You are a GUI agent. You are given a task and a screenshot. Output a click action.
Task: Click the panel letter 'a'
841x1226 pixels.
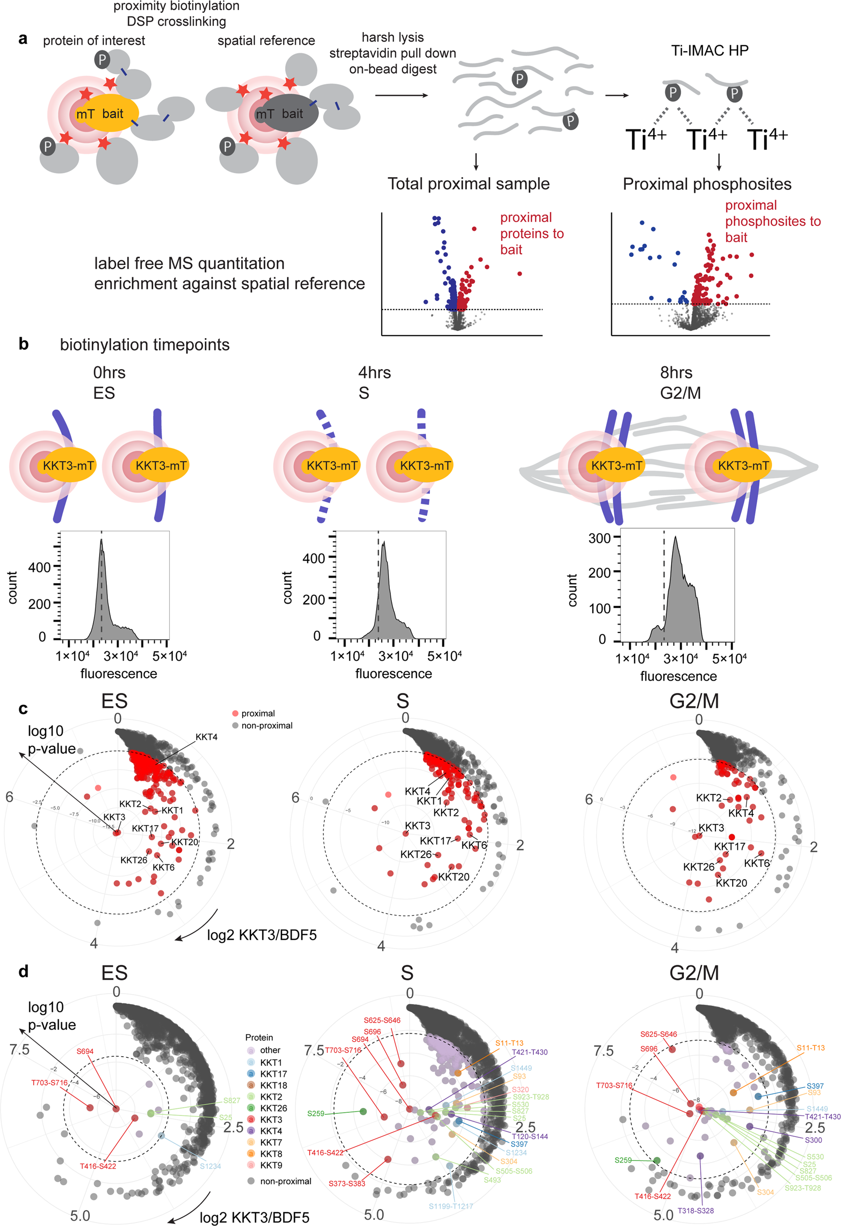point(23,39)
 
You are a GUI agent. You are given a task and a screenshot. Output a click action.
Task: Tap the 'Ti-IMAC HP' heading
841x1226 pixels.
point(709,51)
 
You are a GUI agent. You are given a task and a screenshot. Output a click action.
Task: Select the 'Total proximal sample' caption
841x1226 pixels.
point(468,184)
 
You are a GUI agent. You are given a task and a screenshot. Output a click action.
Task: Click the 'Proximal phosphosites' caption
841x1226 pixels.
point(707,184)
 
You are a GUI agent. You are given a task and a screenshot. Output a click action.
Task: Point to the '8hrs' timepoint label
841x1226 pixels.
point(676,373)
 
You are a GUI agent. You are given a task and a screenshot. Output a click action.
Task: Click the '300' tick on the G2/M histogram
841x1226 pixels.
point(599,538)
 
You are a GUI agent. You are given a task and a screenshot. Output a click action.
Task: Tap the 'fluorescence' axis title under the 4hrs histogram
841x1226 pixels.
point(393,674)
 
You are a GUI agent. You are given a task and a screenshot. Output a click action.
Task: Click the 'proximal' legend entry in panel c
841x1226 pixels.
point(258,713)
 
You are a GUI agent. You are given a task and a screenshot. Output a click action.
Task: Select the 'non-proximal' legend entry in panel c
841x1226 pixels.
point(266,725)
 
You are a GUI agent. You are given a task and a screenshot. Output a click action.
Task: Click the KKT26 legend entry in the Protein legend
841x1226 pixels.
point(273,1108)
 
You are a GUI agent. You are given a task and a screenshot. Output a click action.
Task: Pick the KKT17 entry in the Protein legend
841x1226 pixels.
point(273,1074)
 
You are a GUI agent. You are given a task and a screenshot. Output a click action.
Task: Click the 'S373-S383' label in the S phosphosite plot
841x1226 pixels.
point(347,1184)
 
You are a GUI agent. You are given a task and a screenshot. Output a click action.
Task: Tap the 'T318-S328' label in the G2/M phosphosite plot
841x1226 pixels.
point(695,1211)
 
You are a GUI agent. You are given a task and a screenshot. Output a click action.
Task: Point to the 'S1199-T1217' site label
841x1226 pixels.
point(451,1206)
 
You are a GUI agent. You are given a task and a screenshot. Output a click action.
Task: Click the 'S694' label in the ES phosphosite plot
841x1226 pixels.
point(85,1051)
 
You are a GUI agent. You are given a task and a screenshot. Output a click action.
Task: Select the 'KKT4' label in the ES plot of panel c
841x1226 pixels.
point(206,737)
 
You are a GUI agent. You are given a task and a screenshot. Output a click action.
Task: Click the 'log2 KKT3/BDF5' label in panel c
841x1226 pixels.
point(261,935)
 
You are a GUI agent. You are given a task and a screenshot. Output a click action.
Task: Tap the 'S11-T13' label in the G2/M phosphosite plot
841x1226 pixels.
point(810,1048)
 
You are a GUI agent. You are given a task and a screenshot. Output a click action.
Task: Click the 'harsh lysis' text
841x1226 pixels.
point(392,37)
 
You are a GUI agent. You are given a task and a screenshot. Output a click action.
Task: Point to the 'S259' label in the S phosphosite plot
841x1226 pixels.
point(316,1114)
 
